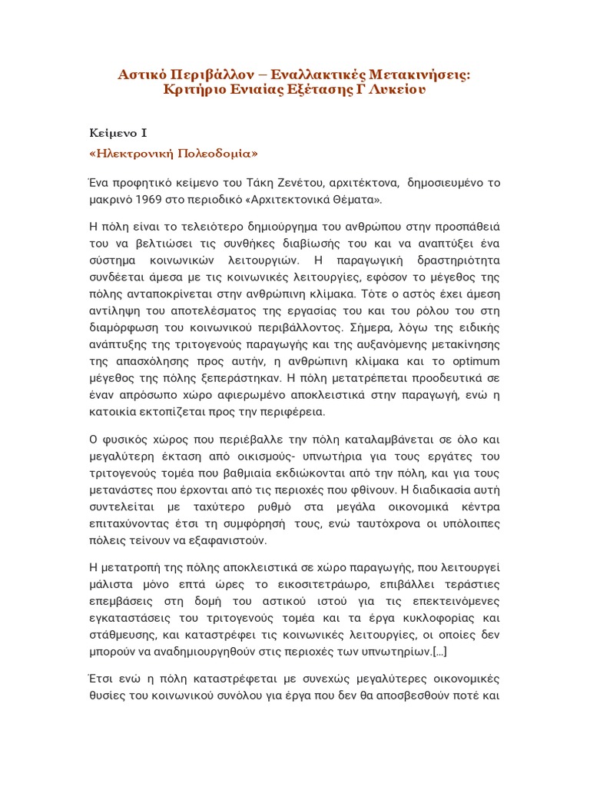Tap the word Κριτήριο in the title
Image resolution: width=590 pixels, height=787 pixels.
[x=196, y=89]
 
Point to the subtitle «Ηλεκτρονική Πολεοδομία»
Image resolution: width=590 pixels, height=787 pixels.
[x=174, y=152]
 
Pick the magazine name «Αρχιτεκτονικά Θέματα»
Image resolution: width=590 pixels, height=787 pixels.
[x=321, y=200]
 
